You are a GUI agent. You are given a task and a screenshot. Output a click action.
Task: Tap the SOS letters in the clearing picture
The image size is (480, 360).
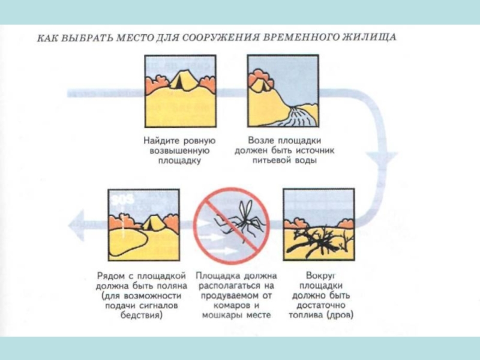point(123,200)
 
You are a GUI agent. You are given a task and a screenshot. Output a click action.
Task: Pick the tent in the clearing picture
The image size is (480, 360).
point(151,223)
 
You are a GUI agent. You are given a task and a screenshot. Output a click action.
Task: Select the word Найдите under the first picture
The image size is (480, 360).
point(161,141)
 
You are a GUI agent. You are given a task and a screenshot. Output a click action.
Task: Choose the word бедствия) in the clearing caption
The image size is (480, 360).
point(142,315)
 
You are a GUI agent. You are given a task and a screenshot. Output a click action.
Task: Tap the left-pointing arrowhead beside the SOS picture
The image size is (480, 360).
point(77,226)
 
